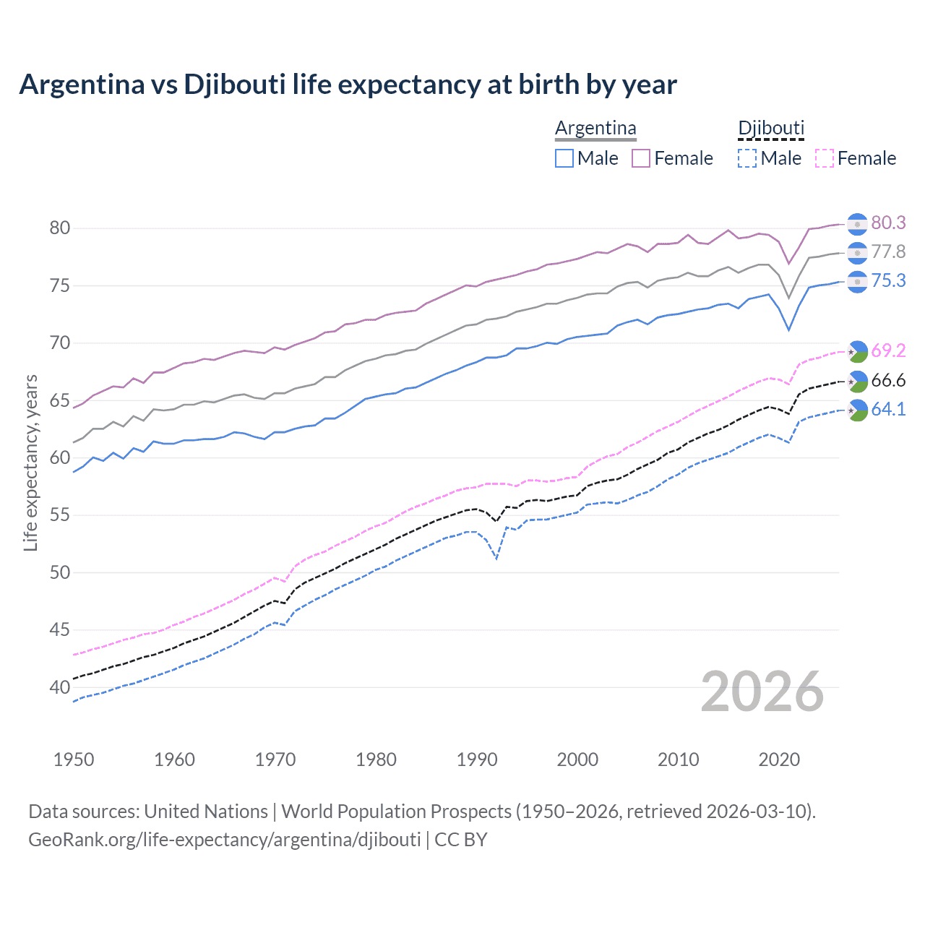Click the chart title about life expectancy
pyautogui.click(x=348, y=85)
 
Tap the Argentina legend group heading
pyautogui.click(x=595, y=128)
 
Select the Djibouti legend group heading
pyautogui.click(x=770, y=128)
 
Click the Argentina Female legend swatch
pyautogui.click(x=641, y=158)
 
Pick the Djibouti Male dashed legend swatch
pyautogui.click(x=747, y=158)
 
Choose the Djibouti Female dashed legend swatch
pyautogui.click(x=825, y=158)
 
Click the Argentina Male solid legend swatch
pyautogui.click(x=564, y=158)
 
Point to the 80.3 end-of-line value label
pyautogui.click(x=888, y=223)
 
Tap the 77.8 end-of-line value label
pyautogui.click(x=888, y=251)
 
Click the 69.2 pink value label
pyautogui.click(x=888, y=350)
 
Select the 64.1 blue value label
pyautogui.click(x=888, y=409)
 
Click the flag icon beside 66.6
pyautogui.click(x=857, y=381)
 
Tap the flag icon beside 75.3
pyautogui.click(x=857, y=281)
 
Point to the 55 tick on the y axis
pyautogui.click(x=60, y=515)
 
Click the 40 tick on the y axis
pyautogui.click(x=60, y=687)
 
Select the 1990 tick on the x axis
pyautogui.click(x=477, y=760)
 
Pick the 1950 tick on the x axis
pyautogui.click(x=74, y=760)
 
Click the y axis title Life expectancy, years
pyautogui.click(x=30, y=462)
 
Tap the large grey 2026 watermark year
pyautogui.click(x=762, y=692)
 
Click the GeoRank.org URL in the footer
pyautogui.click(x=225, y=840)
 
